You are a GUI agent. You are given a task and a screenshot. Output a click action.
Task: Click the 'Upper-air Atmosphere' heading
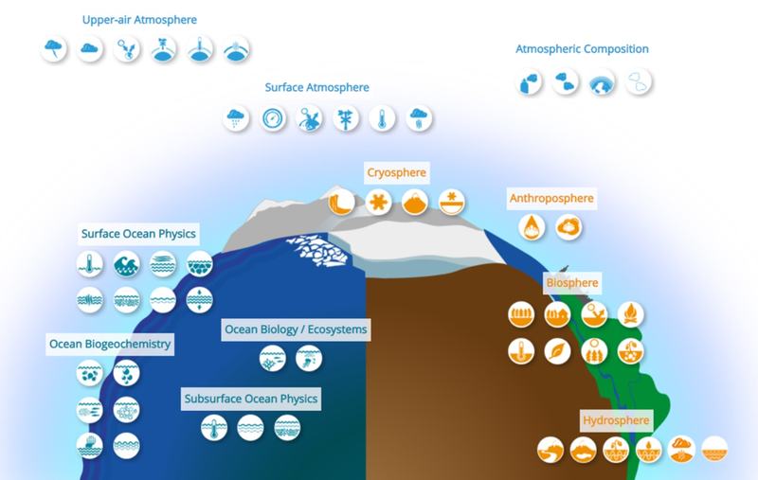[139, 20]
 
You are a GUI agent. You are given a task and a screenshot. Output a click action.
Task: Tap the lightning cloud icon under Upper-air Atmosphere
[54, 49]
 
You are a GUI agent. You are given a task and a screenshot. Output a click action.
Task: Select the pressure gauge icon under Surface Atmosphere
[273, 118]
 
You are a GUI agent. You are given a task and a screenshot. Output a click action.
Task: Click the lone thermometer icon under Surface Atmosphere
[382, 118]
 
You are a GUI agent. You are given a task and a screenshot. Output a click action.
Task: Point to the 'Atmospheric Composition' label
[582, 49]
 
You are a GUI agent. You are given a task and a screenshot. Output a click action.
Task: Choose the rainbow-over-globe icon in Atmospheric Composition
[602, 82]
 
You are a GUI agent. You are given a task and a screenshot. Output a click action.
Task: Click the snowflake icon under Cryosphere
[378, 202]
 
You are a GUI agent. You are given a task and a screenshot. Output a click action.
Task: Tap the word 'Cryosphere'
[396, 172]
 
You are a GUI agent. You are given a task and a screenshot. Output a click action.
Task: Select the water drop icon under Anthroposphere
[532, 227]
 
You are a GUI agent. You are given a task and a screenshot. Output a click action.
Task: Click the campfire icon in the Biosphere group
[631, 314]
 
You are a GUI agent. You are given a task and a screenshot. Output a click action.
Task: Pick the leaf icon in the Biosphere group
[557, 350]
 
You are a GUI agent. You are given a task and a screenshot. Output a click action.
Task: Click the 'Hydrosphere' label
[616, 420]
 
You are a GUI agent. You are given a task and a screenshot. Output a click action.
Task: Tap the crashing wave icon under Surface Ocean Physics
[127, 263]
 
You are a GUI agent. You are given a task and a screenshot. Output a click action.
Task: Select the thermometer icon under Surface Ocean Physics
[90, 263]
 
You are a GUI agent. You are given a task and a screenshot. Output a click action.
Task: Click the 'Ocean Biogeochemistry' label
[110, 344]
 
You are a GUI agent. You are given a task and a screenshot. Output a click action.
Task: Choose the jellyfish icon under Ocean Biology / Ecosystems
[309, 358]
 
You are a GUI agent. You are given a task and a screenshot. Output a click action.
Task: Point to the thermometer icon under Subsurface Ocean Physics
[214, 427]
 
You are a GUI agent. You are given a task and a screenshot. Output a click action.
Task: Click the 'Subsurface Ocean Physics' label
[251, 399]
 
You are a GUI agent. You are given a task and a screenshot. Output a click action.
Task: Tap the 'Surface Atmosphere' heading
[316, 87]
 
